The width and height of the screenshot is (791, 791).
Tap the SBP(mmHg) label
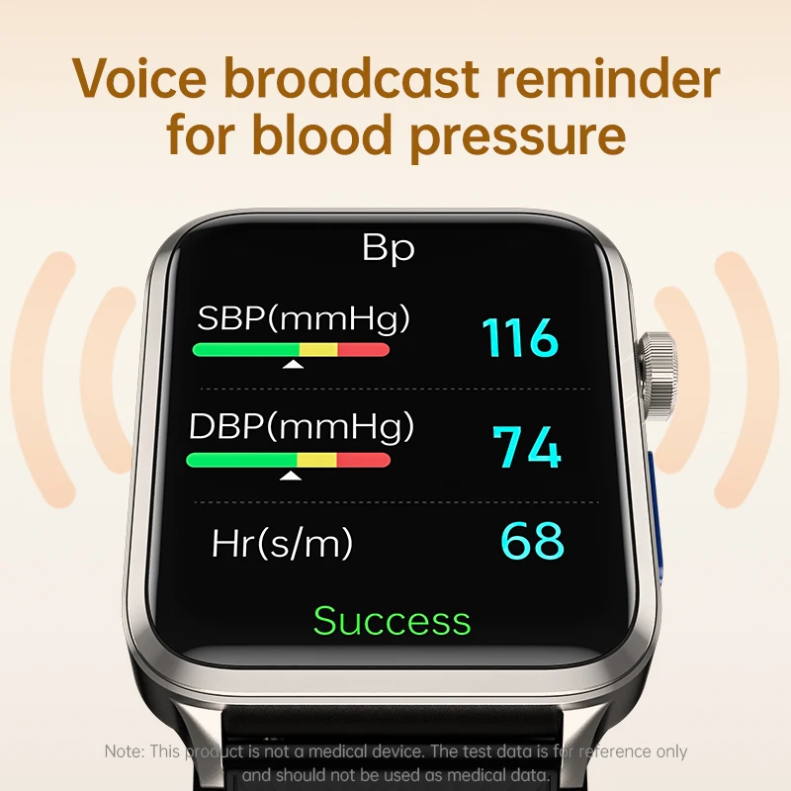tap(304, 318)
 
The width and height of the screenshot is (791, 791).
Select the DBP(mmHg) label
tap(302, 427)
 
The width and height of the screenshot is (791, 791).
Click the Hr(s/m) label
tap(282, 542)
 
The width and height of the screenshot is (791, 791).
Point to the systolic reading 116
tap(520, 338)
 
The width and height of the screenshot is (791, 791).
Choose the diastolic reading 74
tap(528, 447)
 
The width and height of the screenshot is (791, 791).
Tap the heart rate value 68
tap(532, 542)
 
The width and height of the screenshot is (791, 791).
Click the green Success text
tap(393, 621)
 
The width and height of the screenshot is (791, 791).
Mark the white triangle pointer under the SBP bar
tap(293, 365)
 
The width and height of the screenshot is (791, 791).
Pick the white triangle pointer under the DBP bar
tap(290, 476)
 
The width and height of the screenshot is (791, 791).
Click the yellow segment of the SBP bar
tap(318, 349)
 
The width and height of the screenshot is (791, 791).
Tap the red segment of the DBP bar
tap(363, 460)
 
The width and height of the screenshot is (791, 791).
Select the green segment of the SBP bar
tap(245, 349)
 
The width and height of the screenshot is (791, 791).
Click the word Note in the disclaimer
tap(124, 752)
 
